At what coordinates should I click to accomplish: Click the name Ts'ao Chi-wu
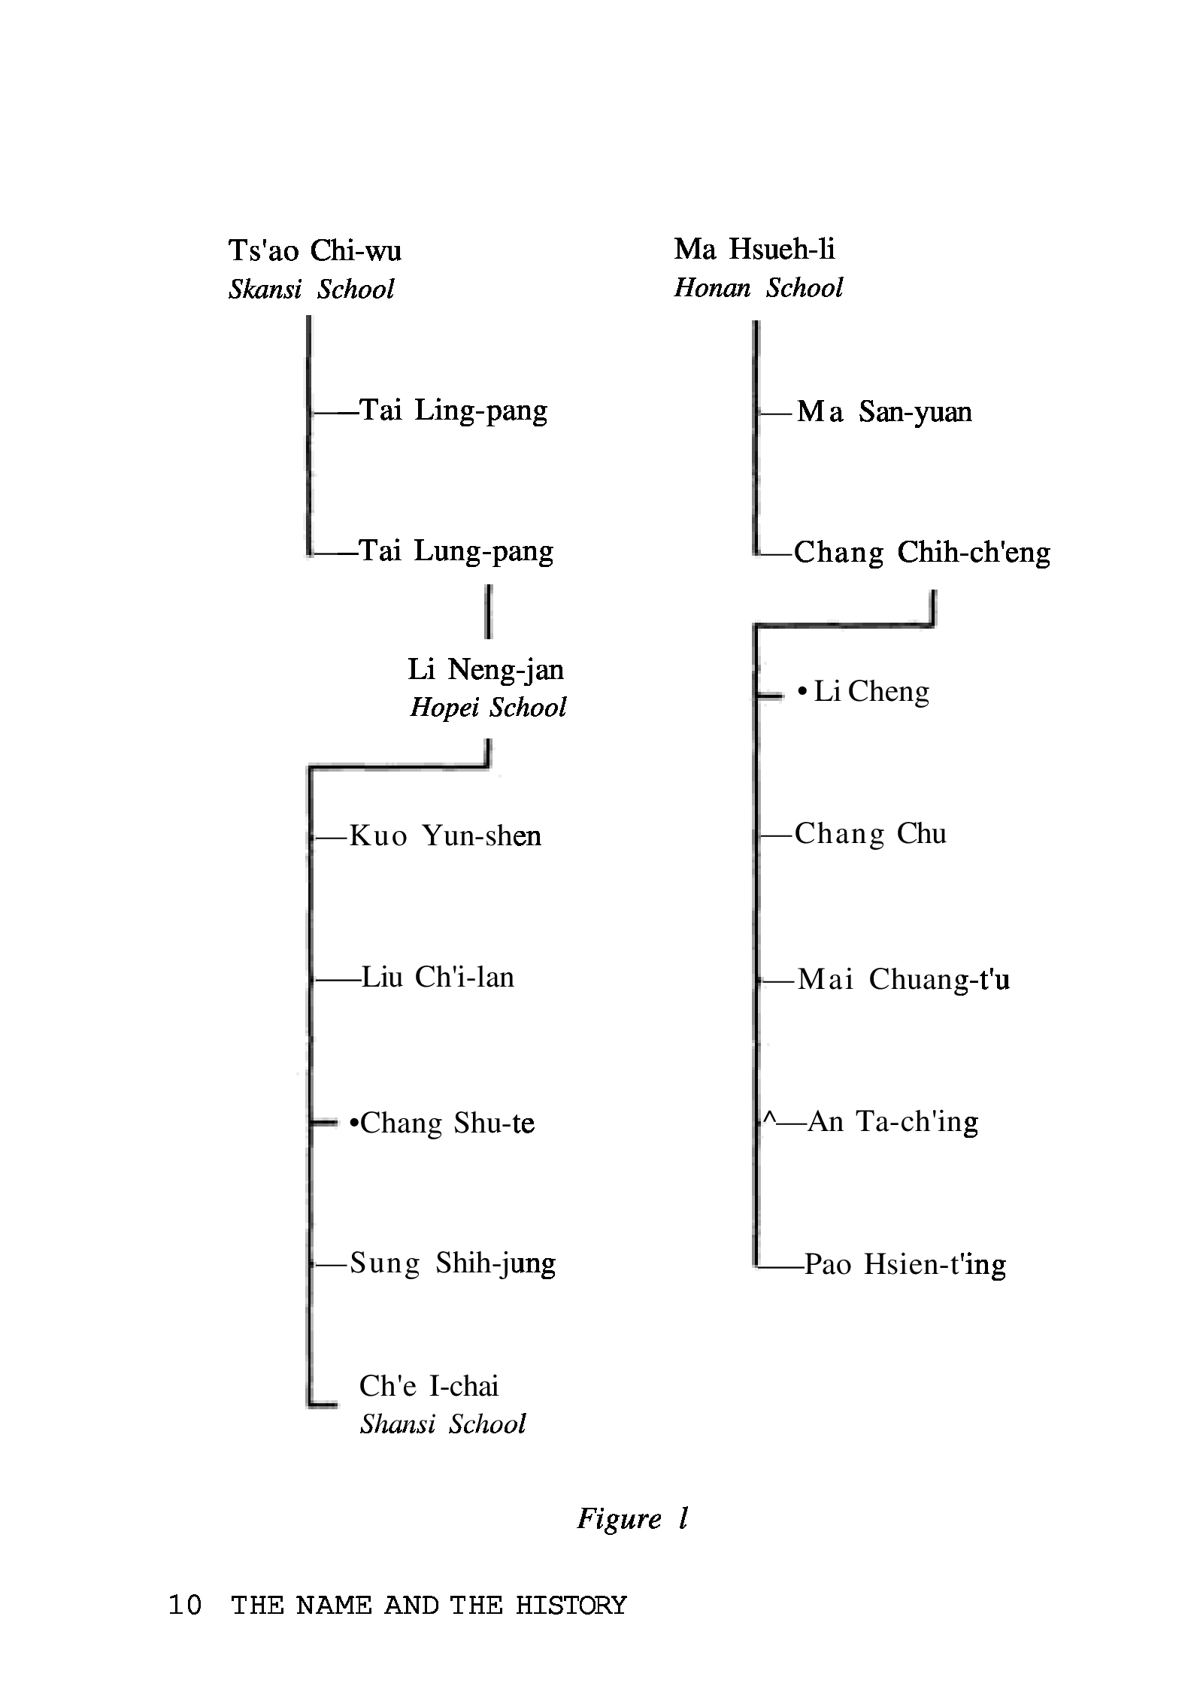(x=314, y=250)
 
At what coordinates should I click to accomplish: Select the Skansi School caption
(x=311, y=290)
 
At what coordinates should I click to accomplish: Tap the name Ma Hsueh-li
(x=754, y=249)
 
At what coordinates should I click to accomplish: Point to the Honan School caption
(x=758, y=288)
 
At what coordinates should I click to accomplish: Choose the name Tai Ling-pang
(x=453, y=411)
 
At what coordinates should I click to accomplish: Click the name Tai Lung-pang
(x=456, y=551)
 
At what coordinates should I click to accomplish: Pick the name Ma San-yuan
(x=884, y=412)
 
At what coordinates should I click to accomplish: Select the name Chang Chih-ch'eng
(x=922, y=553)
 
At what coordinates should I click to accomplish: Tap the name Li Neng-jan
(x=486, y=669)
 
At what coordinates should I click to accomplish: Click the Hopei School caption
(x=488, y=708)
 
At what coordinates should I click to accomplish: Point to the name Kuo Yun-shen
(x=445, y=836)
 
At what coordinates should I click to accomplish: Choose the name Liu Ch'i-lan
(x=438, y=978)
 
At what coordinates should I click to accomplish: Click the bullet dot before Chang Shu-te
(x=354, y=1124)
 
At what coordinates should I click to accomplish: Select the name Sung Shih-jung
(x=453, y=1263)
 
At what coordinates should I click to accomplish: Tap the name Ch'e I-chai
(x=429, y=1386)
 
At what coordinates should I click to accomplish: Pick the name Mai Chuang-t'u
(x=903, y=980)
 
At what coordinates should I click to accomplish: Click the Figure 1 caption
(x=632, y=1518)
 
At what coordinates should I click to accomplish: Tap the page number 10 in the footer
(x=185, y=1606)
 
